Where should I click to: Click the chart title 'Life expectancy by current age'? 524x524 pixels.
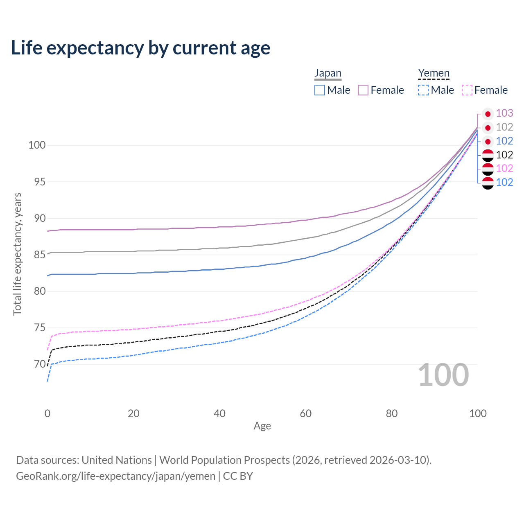pyautogui.click(x=140, y=48)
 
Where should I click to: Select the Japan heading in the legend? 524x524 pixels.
pyautogui.click(x=327, y=73)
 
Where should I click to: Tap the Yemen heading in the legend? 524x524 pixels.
pyautogui.click(x=434, y=73)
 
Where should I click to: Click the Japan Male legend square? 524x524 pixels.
pyautogui.click(x=320, y=90)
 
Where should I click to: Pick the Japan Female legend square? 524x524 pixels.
pyautogui.click(x=363, y=90)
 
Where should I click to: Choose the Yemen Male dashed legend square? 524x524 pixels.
pyautogui.click(x=423, y=90)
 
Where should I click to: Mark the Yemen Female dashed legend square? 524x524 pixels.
pyautogui.click(x=467, y=90)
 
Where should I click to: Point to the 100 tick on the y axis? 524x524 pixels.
pyautogui.click(x=37, y=145)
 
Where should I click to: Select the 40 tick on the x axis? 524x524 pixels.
pyautogui.click(x=219, y=413)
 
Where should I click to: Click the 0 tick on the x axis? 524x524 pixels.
pyautogui.click(x=47, y=413)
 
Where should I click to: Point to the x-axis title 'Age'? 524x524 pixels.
pyautogui.click(x=262, y=426)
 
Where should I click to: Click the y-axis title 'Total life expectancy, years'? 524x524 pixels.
pyautogui.click(x=17, y=254)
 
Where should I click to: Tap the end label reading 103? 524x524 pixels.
pyautogui.click(x=504, y=113)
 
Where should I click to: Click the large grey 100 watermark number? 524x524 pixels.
pyautogui.click(x=443, y=375)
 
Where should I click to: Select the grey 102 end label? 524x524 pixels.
pyautogui.click(x=504, y=127)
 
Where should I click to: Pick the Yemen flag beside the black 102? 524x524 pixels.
pyautogui.click(x=488, y=155)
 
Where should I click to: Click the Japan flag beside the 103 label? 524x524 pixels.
pyautogui.click(x=488, y=114)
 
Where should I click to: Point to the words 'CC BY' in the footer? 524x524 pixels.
pyautogui.click(x=238, y=476)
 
